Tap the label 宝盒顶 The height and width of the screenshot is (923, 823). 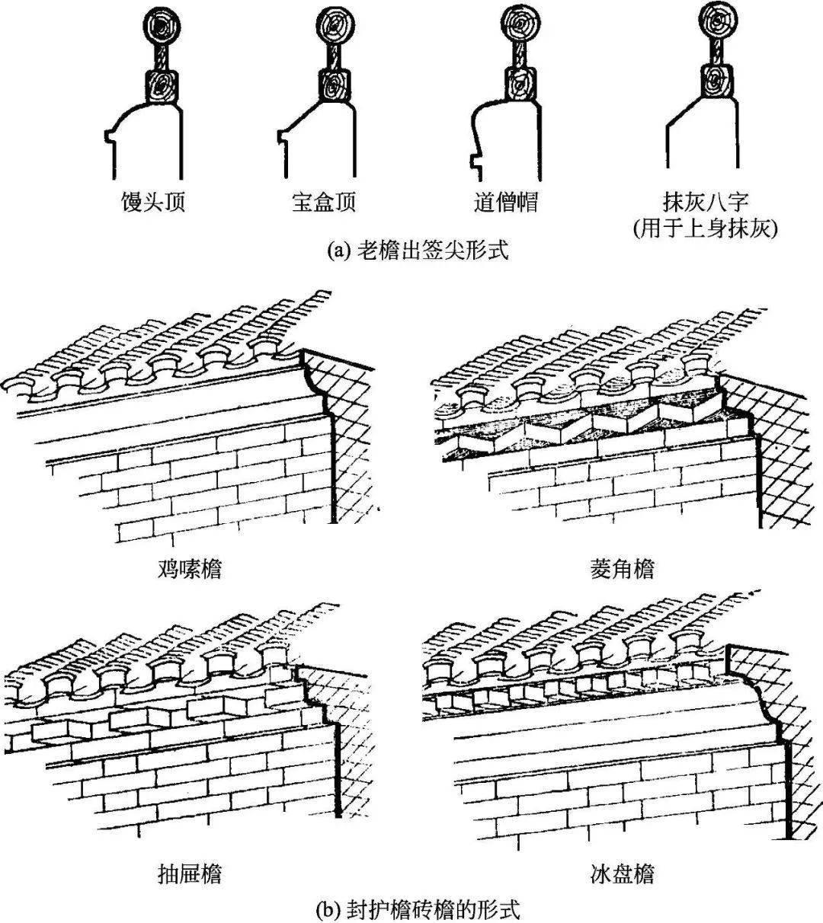(325, 203)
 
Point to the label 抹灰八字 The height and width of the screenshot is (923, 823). (706, 201)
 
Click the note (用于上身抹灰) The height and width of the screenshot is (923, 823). (706, 228)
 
